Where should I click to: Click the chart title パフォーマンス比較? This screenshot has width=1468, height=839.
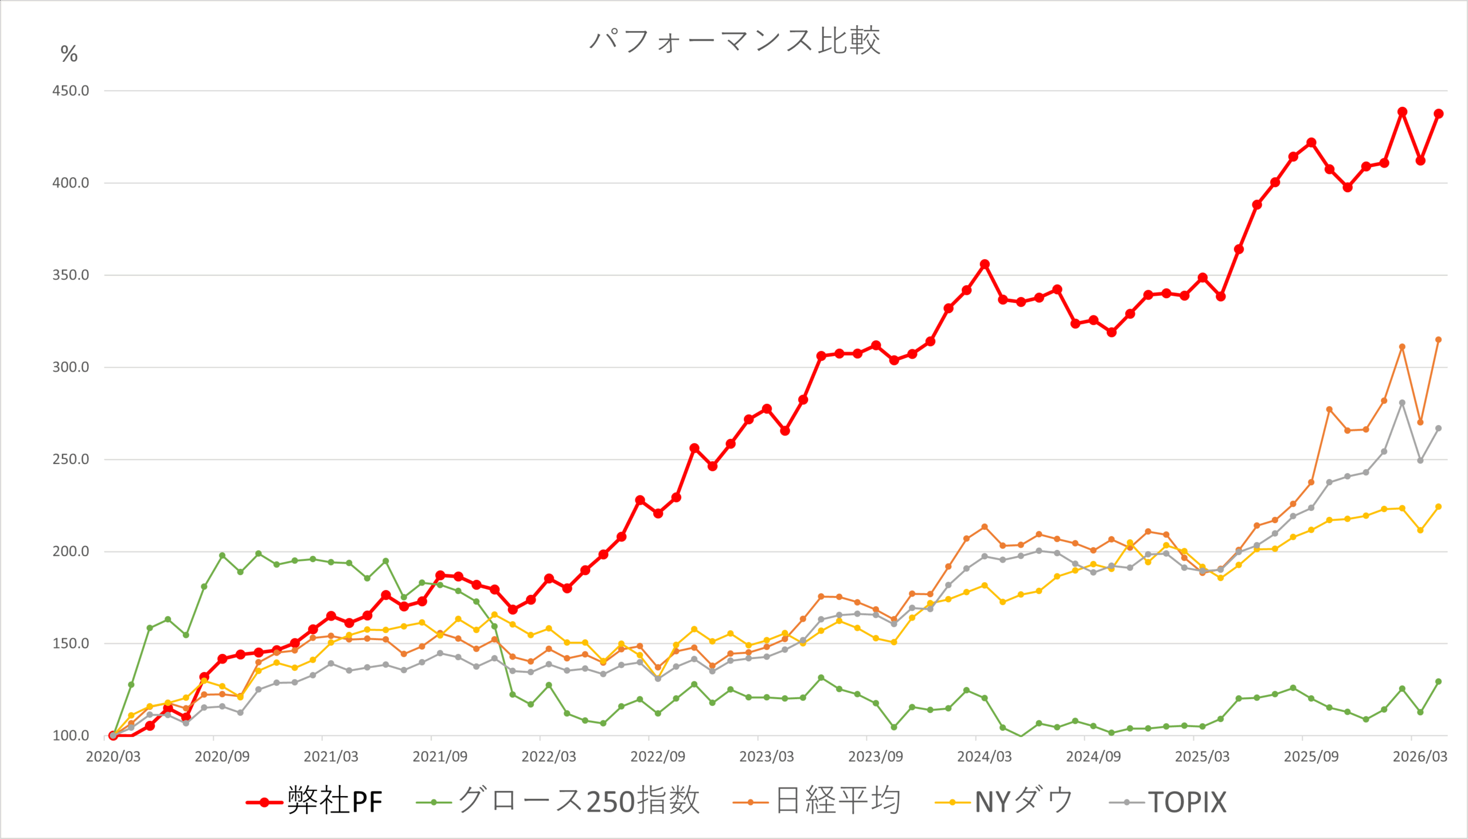click(735, 40)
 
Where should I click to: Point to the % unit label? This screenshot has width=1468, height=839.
click(69, 54)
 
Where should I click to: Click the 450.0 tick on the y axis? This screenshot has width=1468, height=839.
click(71, 91)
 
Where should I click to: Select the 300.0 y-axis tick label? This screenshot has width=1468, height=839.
click(71, 368)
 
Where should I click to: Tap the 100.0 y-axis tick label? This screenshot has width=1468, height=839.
click(71, 736)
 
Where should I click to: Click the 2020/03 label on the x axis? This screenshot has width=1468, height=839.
click(113, 756)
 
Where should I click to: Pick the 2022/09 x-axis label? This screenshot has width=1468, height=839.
click(657, 756)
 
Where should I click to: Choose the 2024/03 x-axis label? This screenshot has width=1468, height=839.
click(984, 756)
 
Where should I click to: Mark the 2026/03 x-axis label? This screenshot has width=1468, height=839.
click(1420, 756)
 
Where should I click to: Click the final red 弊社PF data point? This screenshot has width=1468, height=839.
click(1439, 114)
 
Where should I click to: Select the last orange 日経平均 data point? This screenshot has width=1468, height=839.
click(1439, 340)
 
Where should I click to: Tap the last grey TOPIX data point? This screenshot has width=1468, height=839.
click(1439, 429)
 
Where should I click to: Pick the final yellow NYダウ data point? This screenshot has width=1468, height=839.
click(1439, 507)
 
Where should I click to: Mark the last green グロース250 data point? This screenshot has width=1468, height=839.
click(1439, 682)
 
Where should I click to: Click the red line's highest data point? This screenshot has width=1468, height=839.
click(1402, 112)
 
